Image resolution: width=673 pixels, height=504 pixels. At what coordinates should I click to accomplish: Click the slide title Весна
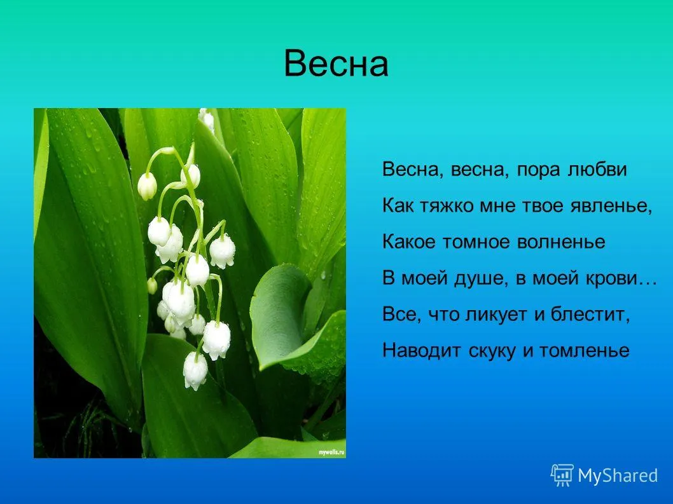tap(336, 64)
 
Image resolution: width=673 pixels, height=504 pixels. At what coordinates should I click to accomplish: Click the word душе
tap(475, 279)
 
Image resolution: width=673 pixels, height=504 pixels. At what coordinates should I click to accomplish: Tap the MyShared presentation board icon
tap(562, 475)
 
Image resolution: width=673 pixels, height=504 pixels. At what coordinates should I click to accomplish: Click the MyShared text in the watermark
tap(618, 475)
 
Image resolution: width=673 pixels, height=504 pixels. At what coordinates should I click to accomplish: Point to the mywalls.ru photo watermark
tap(331, 453)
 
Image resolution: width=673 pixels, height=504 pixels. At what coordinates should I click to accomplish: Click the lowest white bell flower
tap(195, 371)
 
